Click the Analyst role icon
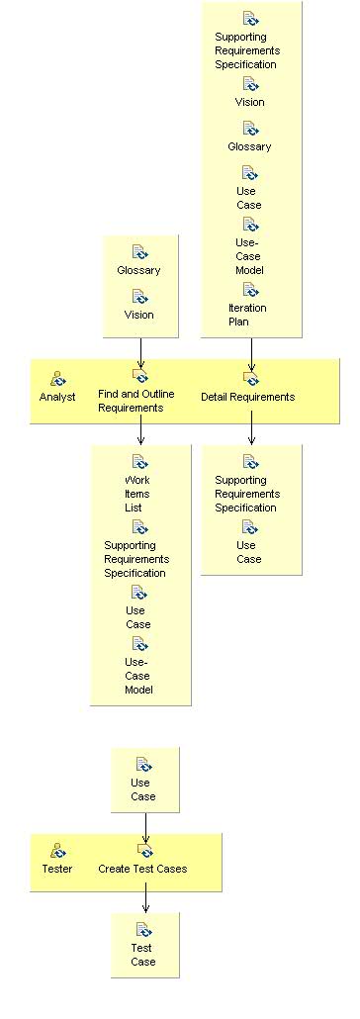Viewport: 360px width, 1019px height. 57,378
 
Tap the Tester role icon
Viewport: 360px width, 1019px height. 57,851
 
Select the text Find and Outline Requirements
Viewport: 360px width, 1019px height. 136,401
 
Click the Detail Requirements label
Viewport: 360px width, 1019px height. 247,397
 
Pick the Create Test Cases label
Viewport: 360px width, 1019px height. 142,869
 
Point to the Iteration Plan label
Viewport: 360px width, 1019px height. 247,315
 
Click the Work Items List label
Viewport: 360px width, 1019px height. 133,494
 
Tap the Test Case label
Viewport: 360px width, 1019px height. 143,955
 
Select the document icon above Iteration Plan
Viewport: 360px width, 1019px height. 250,290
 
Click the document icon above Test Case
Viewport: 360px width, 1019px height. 143,929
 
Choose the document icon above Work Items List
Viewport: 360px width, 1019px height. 139,462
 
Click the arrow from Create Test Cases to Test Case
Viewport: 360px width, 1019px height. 145,898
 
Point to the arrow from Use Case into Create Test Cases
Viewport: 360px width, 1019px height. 145,823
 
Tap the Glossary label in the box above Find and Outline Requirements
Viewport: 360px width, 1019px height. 138,270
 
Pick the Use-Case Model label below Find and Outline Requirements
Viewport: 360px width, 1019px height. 138,676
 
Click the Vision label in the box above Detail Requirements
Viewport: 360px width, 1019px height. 249,102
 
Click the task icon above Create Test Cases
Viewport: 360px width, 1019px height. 144,850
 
